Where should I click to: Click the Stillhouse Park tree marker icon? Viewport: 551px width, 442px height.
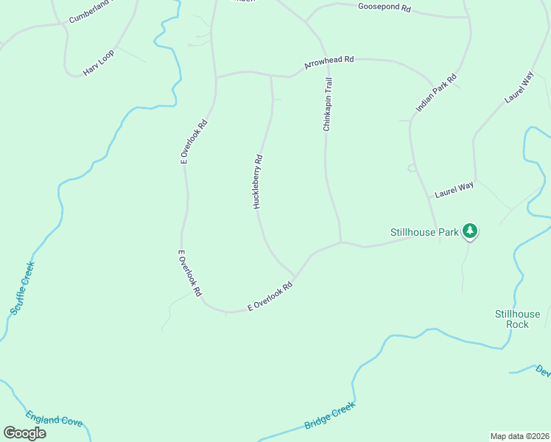[x=470, y=232]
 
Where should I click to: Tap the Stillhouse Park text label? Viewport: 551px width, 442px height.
[x=424, y=233]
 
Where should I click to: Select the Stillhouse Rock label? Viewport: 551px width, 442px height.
[x=517, y=319]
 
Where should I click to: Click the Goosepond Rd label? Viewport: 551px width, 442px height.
[x=385, y=7]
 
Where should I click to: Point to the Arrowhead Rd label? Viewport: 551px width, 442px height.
[x=329, y=63]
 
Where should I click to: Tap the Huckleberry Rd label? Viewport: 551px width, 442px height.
[x=258, y=181]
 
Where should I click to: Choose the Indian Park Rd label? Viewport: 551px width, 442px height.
[x=436, y=93]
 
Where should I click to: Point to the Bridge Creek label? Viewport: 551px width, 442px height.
[x=329, y=415]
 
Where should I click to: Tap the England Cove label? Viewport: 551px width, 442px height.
[x=54, y=419]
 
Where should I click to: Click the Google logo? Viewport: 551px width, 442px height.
[x=24, y=432]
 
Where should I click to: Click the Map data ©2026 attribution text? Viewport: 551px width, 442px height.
[x=519, y=435]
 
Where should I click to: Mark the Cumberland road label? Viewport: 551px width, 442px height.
[x=89, y=11]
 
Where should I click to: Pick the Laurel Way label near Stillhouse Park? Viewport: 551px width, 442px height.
[x=454, y=190]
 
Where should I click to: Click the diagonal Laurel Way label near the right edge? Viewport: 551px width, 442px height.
[x=519, y=87]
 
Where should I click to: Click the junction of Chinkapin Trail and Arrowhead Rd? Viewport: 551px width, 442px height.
[x=325, y=60]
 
